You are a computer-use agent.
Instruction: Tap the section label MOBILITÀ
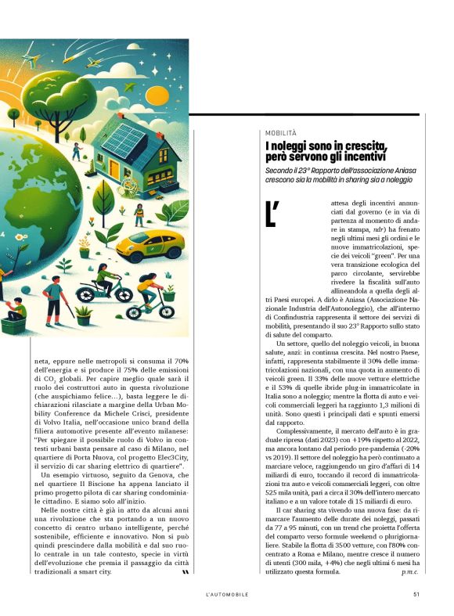tap(280, 134)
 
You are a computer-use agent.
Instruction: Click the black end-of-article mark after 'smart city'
tap(185, 572)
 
